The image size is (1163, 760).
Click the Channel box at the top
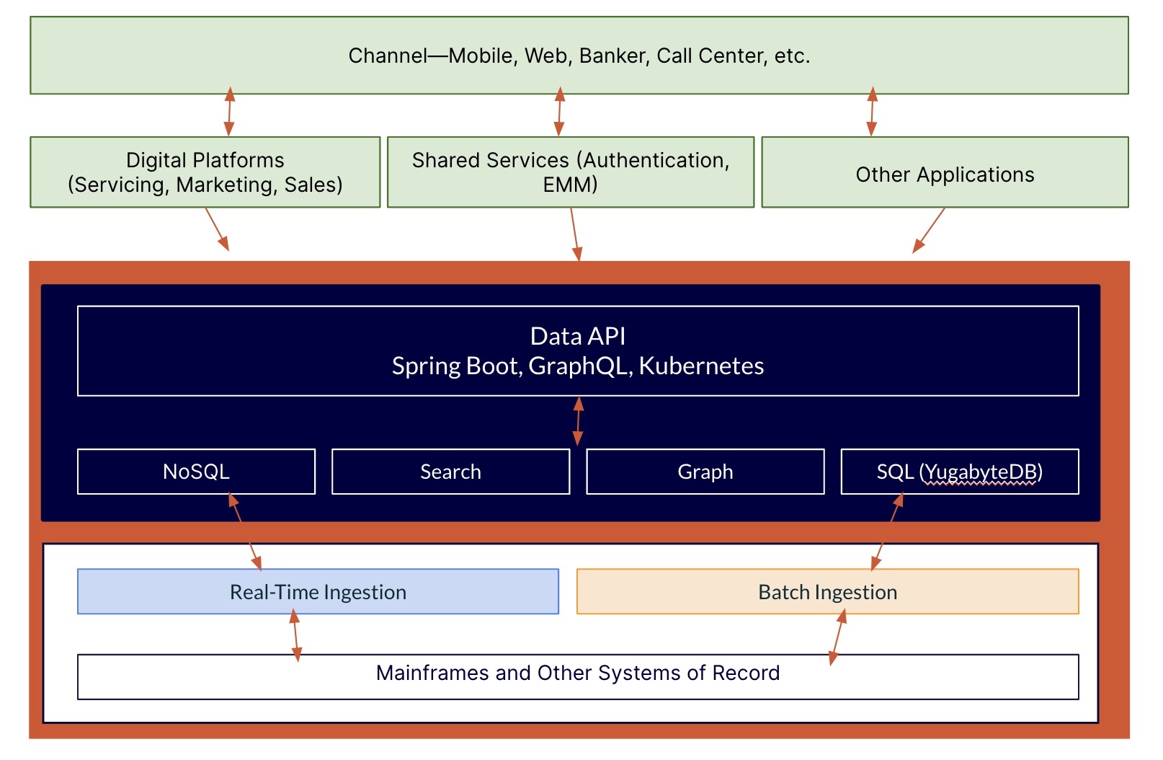tap(579, 56)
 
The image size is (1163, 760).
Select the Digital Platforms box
tap(205, 172)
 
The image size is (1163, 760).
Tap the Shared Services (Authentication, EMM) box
tap(570, 172)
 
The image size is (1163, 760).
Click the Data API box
tap(577, 351)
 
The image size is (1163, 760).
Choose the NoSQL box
tap(196, 472)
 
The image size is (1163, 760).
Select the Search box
tap(450, 472)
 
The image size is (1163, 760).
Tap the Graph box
tap(705, 472)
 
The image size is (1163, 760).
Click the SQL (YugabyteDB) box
tap(959, 472)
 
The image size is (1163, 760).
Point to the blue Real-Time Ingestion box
tap(318, 592)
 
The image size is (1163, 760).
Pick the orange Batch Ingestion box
tap(827, 592)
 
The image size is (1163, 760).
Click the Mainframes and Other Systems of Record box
tap(577, 676)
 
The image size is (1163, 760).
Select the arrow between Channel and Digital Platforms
tap(229, 112)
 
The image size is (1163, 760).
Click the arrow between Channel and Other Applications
tap(872, 112)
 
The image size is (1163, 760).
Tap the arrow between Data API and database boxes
tap(578, 422)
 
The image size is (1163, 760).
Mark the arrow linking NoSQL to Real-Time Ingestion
tap(245, 531)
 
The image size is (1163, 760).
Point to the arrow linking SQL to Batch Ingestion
tap(887, 531)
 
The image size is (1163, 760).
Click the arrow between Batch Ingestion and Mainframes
tap(837, 637)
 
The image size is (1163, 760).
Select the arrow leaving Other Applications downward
tap(929, 230)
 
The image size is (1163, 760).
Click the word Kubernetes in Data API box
tap(700, 366)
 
